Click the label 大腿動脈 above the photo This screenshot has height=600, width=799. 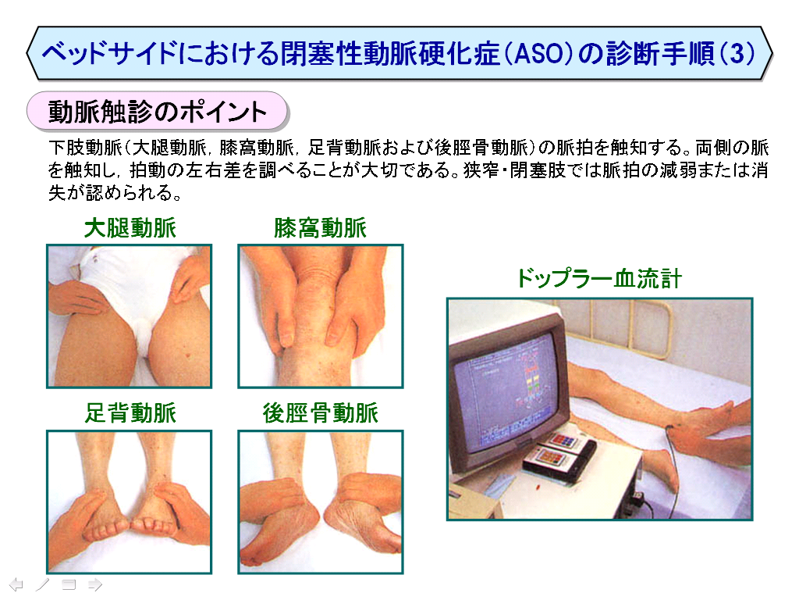tap(130, 227)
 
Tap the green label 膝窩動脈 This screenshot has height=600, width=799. tap(320, 227)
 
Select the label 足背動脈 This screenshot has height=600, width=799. tap(130, 412)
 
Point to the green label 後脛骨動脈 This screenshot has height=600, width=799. tap(320, 412)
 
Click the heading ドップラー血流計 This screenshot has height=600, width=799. tap(599, 279)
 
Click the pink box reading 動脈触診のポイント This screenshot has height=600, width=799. tap(157, 111)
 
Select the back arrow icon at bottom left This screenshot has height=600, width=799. tap(16, 584)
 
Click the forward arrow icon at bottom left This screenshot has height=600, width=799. tap(95, 584)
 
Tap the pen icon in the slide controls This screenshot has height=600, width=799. tap(43, 584)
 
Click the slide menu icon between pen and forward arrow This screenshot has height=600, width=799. tap(69, 584)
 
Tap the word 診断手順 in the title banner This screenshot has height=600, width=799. tap(660, 54)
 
